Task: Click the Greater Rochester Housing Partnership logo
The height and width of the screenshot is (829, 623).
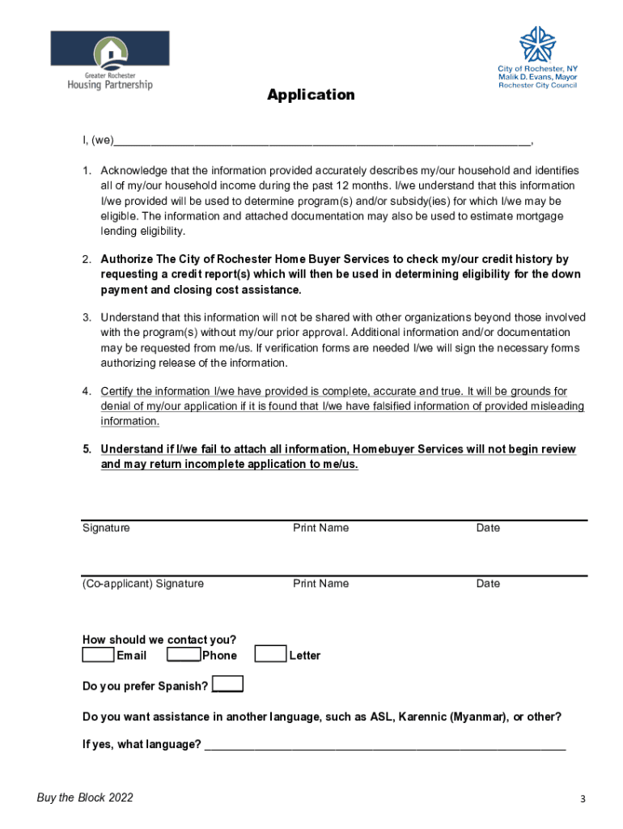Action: [x=110, y=60]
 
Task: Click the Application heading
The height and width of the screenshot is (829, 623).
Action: [x=311, y=95]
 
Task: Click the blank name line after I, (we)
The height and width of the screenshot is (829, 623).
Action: [x=322, y=141]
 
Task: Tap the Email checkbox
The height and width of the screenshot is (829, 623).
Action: [x=98, y=654]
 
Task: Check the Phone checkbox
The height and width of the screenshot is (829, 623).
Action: [x=183, y=654]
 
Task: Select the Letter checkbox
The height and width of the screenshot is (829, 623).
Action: [x=270, y=654]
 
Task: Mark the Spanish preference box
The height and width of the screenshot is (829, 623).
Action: [x=227, y=685]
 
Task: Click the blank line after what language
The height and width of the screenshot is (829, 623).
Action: [x=385, y=745]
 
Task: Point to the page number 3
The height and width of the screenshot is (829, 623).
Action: [x=582, y=800]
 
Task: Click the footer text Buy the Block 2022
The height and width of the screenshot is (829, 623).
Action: [x=85, y=798]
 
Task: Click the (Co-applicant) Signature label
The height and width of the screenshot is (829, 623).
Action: [x=143, y=584]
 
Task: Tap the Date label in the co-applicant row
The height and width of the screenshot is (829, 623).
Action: [x=488, y=584]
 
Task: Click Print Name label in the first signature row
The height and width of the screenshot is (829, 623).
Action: [x=320, y=528]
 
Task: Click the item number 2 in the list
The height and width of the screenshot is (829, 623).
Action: [x=86, y=260]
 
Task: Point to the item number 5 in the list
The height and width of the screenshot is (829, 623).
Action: [x=86, y=449]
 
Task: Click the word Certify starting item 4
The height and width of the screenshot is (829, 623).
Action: [x=120, y=391]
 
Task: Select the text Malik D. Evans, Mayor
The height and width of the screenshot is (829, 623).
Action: [x=537, y=77]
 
